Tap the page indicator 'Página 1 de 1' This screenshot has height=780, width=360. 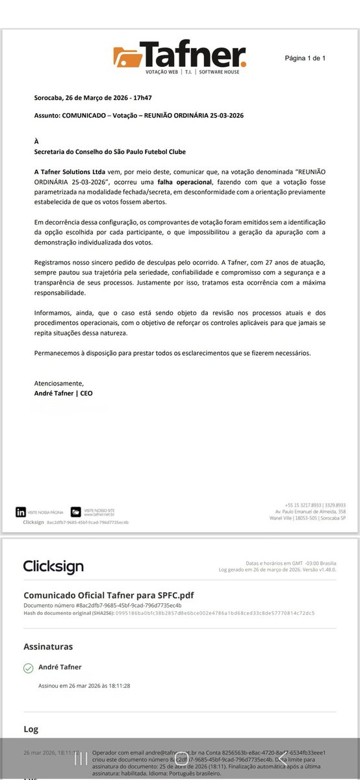click(x=305, y=58)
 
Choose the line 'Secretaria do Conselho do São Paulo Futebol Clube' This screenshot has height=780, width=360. click(x=110, y=151)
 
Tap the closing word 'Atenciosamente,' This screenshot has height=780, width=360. click(x=59, y=383)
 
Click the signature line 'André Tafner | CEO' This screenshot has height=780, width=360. click(x=64, y=393)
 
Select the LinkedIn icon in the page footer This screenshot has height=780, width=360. click(x=21, y=512)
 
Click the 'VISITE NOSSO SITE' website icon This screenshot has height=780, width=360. click(x=75, y=512)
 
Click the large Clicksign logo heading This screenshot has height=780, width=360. click(x=53, y=566)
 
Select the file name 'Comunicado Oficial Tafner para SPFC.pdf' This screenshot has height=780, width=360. click(x=109, y=595)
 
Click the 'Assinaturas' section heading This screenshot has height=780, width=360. click(x=48, y=646)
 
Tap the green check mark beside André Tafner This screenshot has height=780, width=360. click(x=28, y=668)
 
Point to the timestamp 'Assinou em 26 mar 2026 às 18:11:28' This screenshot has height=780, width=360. click(x=84, y=685)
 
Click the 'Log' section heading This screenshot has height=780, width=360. click(x=31, y=729)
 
